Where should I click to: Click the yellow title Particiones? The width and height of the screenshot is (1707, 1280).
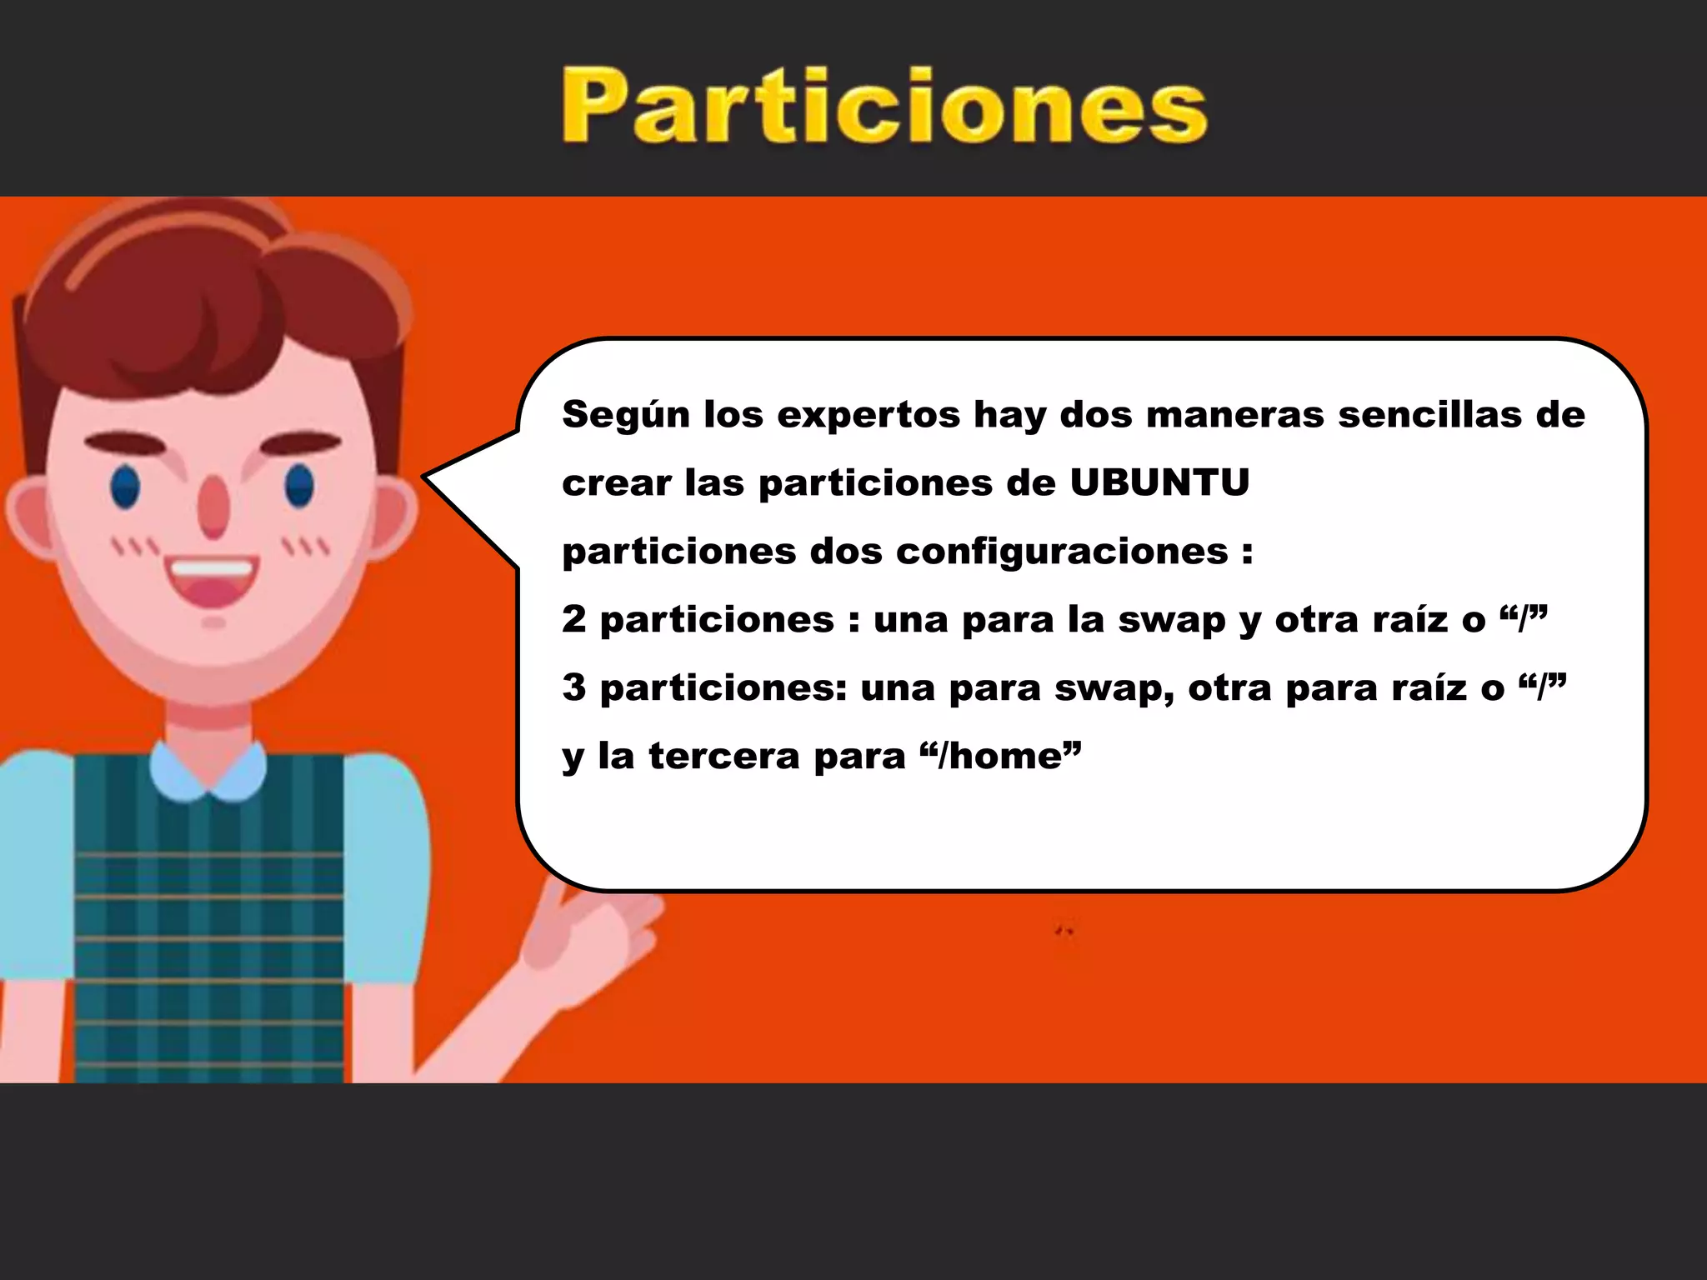pos(884,106)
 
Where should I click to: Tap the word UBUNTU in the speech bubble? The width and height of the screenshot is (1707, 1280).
pos(1159,482)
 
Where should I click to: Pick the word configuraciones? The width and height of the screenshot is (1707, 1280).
pos(1062,551)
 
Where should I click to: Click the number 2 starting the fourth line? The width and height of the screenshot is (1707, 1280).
pos(573,619)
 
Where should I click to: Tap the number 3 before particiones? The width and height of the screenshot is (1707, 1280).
pos(573,687)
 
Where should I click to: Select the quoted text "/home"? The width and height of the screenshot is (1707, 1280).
pos(1000,756)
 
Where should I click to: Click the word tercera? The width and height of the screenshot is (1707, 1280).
pos(723,756)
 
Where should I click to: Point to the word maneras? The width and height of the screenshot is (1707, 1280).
pos(1234,414)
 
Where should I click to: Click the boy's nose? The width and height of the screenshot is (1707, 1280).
pos(213,507)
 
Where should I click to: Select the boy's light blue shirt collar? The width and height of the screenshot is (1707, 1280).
pos(208,772)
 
